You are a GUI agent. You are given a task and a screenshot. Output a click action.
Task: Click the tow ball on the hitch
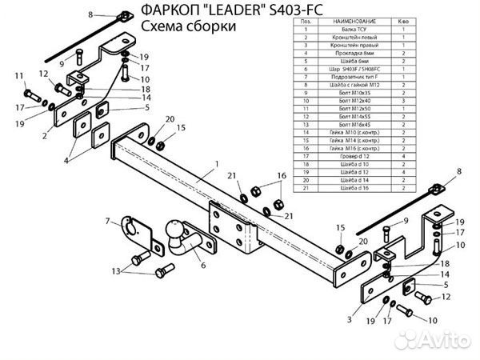176,228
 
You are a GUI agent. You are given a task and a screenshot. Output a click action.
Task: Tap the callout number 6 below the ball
202,265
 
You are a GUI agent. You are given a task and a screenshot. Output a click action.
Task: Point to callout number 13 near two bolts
116,272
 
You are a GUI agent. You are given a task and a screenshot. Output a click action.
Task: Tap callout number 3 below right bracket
349,319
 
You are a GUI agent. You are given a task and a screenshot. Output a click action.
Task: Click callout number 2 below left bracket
46,138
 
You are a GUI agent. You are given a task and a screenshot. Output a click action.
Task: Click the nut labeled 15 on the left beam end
160,144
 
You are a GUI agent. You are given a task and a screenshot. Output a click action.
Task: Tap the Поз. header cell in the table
306,26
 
